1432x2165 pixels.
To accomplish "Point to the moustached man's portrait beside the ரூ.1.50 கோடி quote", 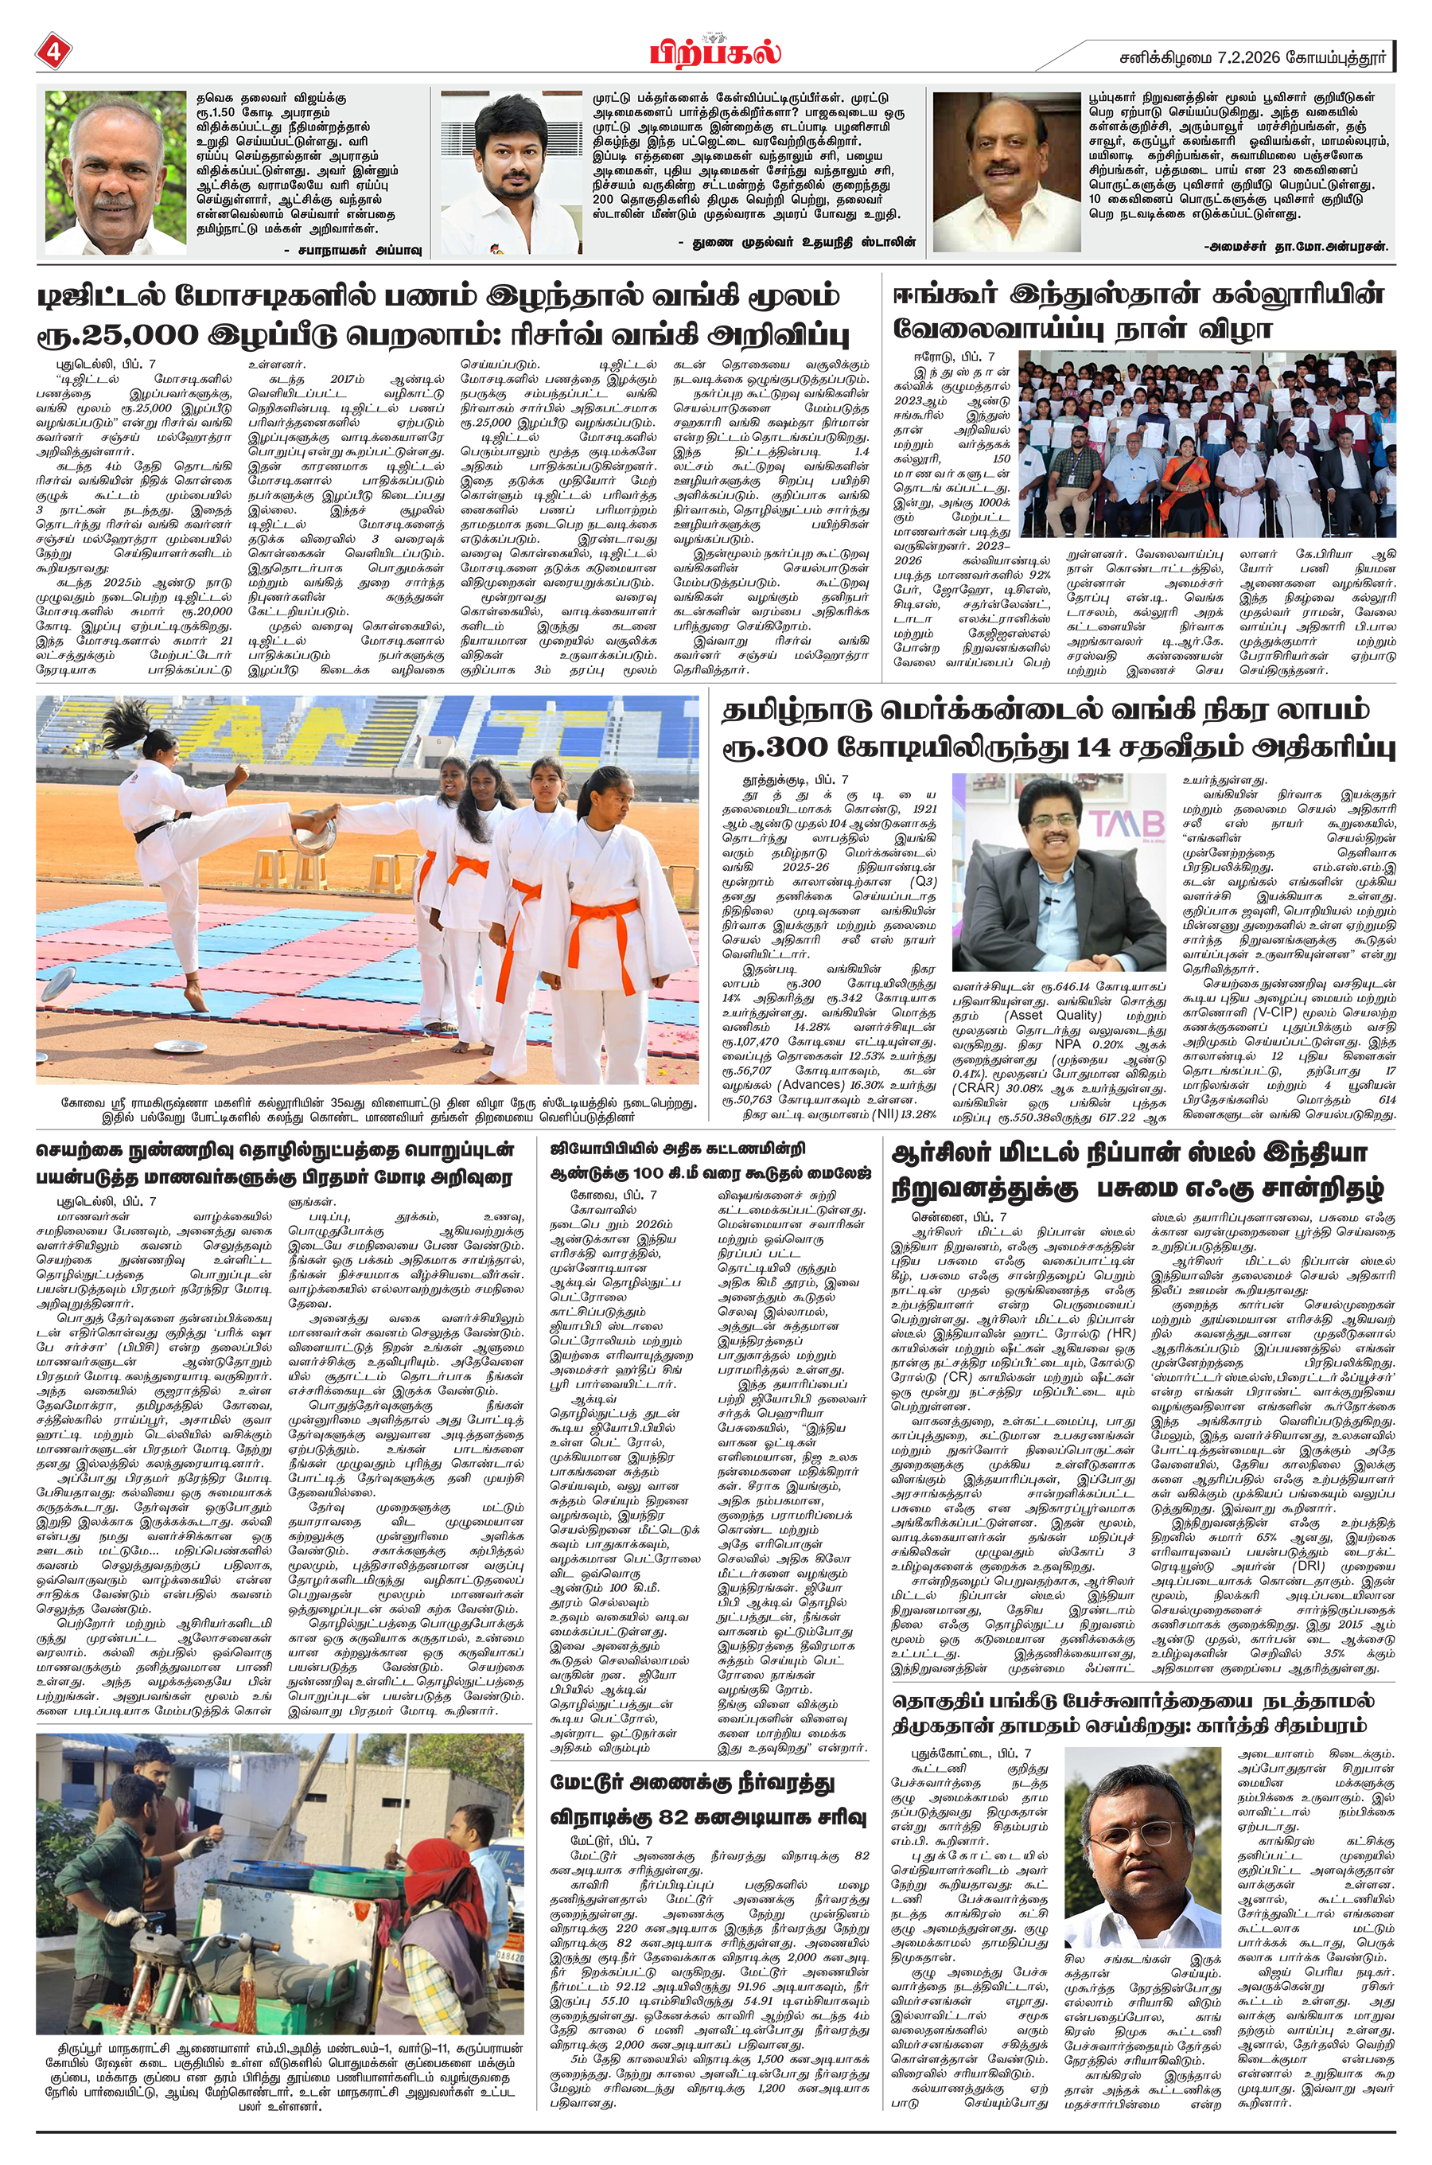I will [115, 174].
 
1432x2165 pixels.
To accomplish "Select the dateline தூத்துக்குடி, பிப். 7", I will [795, 781].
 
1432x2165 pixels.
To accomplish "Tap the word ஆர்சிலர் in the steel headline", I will [945, 1150].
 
